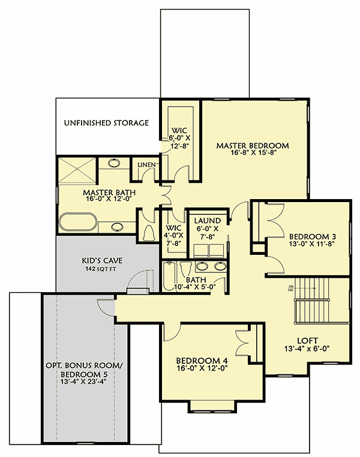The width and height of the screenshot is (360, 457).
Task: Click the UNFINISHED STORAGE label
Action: coord(106,123)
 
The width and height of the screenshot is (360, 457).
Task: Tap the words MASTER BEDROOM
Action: coord(253,145)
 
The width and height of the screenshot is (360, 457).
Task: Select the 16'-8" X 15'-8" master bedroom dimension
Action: coord(253,154)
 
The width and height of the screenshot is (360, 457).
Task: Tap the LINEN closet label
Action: coord(147,164)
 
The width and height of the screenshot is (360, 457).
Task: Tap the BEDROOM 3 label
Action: coord(308,236)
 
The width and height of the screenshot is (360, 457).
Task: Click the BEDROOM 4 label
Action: coord(202,360)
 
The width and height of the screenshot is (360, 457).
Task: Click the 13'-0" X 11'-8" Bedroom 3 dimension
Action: coord(308,244)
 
